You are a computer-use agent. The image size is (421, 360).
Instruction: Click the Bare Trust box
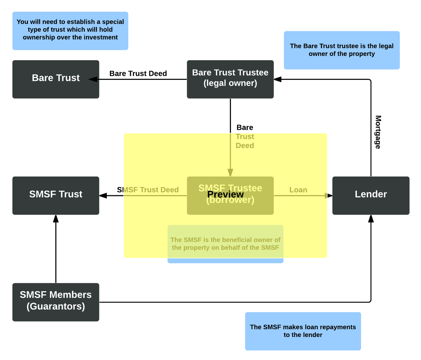56,79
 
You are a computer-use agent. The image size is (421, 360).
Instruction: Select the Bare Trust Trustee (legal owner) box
230,79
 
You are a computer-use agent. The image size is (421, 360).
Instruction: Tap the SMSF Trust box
56,196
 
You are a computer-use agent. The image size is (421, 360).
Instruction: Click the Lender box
371,196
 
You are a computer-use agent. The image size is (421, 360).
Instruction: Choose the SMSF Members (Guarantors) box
56,302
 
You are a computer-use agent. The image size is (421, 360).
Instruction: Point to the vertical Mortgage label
378,132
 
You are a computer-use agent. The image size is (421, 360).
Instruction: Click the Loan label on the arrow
298,190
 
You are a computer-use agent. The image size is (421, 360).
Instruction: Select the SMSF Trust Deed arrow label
148,190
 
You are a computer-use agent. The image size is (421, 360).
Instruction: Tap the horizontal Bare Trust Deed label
138,73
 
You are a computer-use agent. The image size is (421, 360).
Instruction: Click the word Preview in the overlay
226,194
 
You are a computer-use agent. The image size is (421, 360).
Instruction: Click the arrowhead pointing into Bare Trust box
93,79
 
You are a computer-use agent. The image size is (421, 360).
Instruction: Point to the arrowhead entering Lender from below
371,219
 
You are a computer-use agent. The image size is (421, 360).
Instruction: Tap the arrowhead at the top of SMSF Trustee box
230,173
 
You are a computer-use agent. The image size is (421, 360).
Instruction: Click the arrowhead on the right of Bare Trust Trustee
278,79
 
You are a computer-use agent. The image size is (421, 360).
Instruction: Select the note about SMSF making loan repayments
303,331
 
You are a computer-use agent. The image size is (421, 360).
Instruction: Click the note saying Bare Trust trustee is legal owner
342,50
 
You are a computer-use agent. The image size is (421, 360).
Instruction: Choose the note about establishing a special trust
70,31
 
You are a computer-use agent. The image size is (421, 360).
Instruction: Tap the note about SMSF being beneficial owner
225,244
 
